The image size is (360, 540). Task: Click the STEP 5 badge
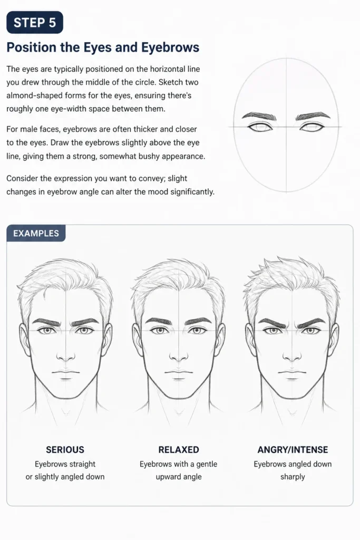coord(35,22)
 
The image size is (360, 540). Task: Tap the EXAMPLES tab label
coord(36,233)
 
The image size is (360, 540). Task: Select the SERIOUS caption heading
coord(65,449)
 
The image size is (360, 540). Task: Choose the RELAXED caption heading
coord(179,449)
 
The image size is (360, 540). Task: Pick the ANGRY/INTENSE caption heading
coord(293,449)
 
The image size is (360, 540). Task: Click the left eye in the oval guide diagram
coord(260,127)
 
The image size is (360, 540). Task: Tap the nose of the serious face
coord(65,356)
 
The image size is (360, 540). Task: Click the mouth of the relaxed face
coord(179,373)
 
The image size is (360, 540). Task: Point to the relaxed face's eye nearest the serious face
coord(158,330)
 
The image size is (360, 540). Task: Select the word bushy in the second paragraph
coord(149,156)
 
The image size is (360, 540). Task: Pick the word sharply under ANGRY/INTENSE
coord(293,477)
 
